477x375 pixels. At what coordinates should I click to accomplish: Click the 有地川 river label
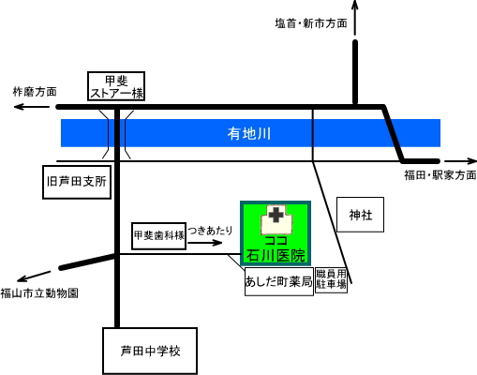[x=248, y=134]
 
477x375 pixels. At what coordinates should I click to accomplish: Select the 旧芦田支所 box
[x=77, y=182]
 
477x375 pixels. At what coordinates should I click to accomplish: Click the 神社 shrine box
[x=360, y=215]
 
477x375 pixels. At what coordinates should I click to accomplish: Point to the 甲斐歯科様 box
[x=159, y=236]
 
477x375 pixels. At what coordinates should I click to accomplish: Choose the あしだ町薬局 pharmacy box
[x=279, y=281]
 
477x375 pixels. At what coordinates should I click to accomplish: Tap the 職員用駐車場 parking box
[x=331, y=279]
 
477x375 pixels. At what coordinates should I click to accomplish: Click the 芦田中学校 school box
[x=150, y=351]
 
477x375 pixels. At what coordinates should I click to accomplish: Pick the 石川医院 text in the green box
[x=276, y=256]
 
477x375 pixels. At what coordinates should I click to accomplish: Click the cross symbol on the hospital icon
[x=276, y=216]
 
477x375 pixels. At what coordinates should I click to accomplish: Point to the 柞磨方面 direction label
[x=35, y=92]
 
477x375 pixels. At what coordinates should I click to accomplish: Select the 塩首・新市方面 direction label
[x=311, y=23]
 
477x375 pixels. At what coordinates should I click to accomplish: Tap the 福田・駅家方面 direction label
[x=440, y=175]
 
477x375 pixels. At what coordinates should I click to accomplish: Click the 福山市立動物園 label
[x=39, y=293]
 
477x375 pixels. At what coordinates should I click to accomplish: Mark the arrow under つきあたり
[x=205, y=243]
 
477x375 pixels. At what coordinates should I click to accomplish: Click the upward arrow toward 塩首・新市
[x=355, y=18]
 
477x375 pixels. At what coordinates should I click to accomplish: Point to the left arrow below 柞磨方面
[x=32, y=107]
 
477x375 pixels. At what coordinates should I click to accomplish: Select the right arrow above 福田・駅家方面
[x=460, y=161]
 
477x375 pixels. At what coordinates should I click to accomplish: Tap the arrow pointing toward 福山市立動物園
[x=34, y=277]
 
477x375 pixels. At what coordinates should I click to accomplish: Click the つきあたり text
[x=210, y=231]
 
